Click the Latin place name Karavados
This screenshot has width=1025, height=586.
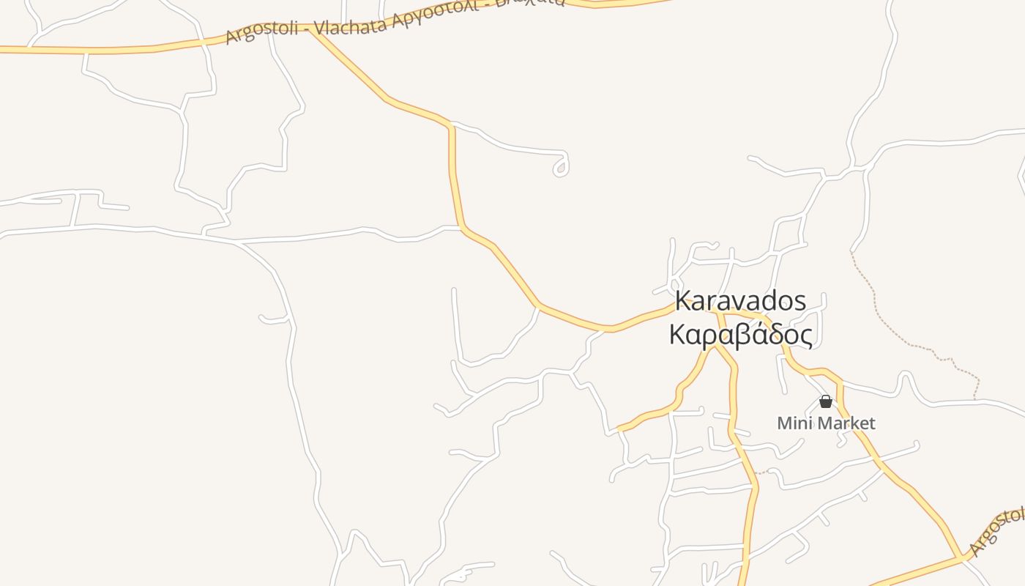(x=740, y=301)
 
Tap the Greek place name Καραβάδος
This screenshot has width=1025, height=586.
(x=740, y=335)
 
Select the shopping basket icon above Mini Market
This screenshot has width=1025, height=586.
(x=826, y=401)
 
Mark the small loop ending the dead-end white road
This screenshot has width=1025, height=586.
(x=562, y=168)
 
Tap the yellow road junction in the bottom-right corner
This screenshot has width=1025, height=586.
(x=961, y=560)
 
